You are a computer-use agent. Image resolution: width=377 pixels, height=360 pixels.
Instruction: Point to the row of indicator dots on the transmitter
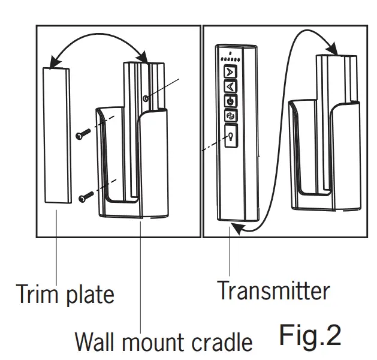(230, 60)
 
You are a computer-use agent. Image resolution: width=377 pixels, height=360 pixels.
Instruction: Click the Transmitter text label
(273, 290)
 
